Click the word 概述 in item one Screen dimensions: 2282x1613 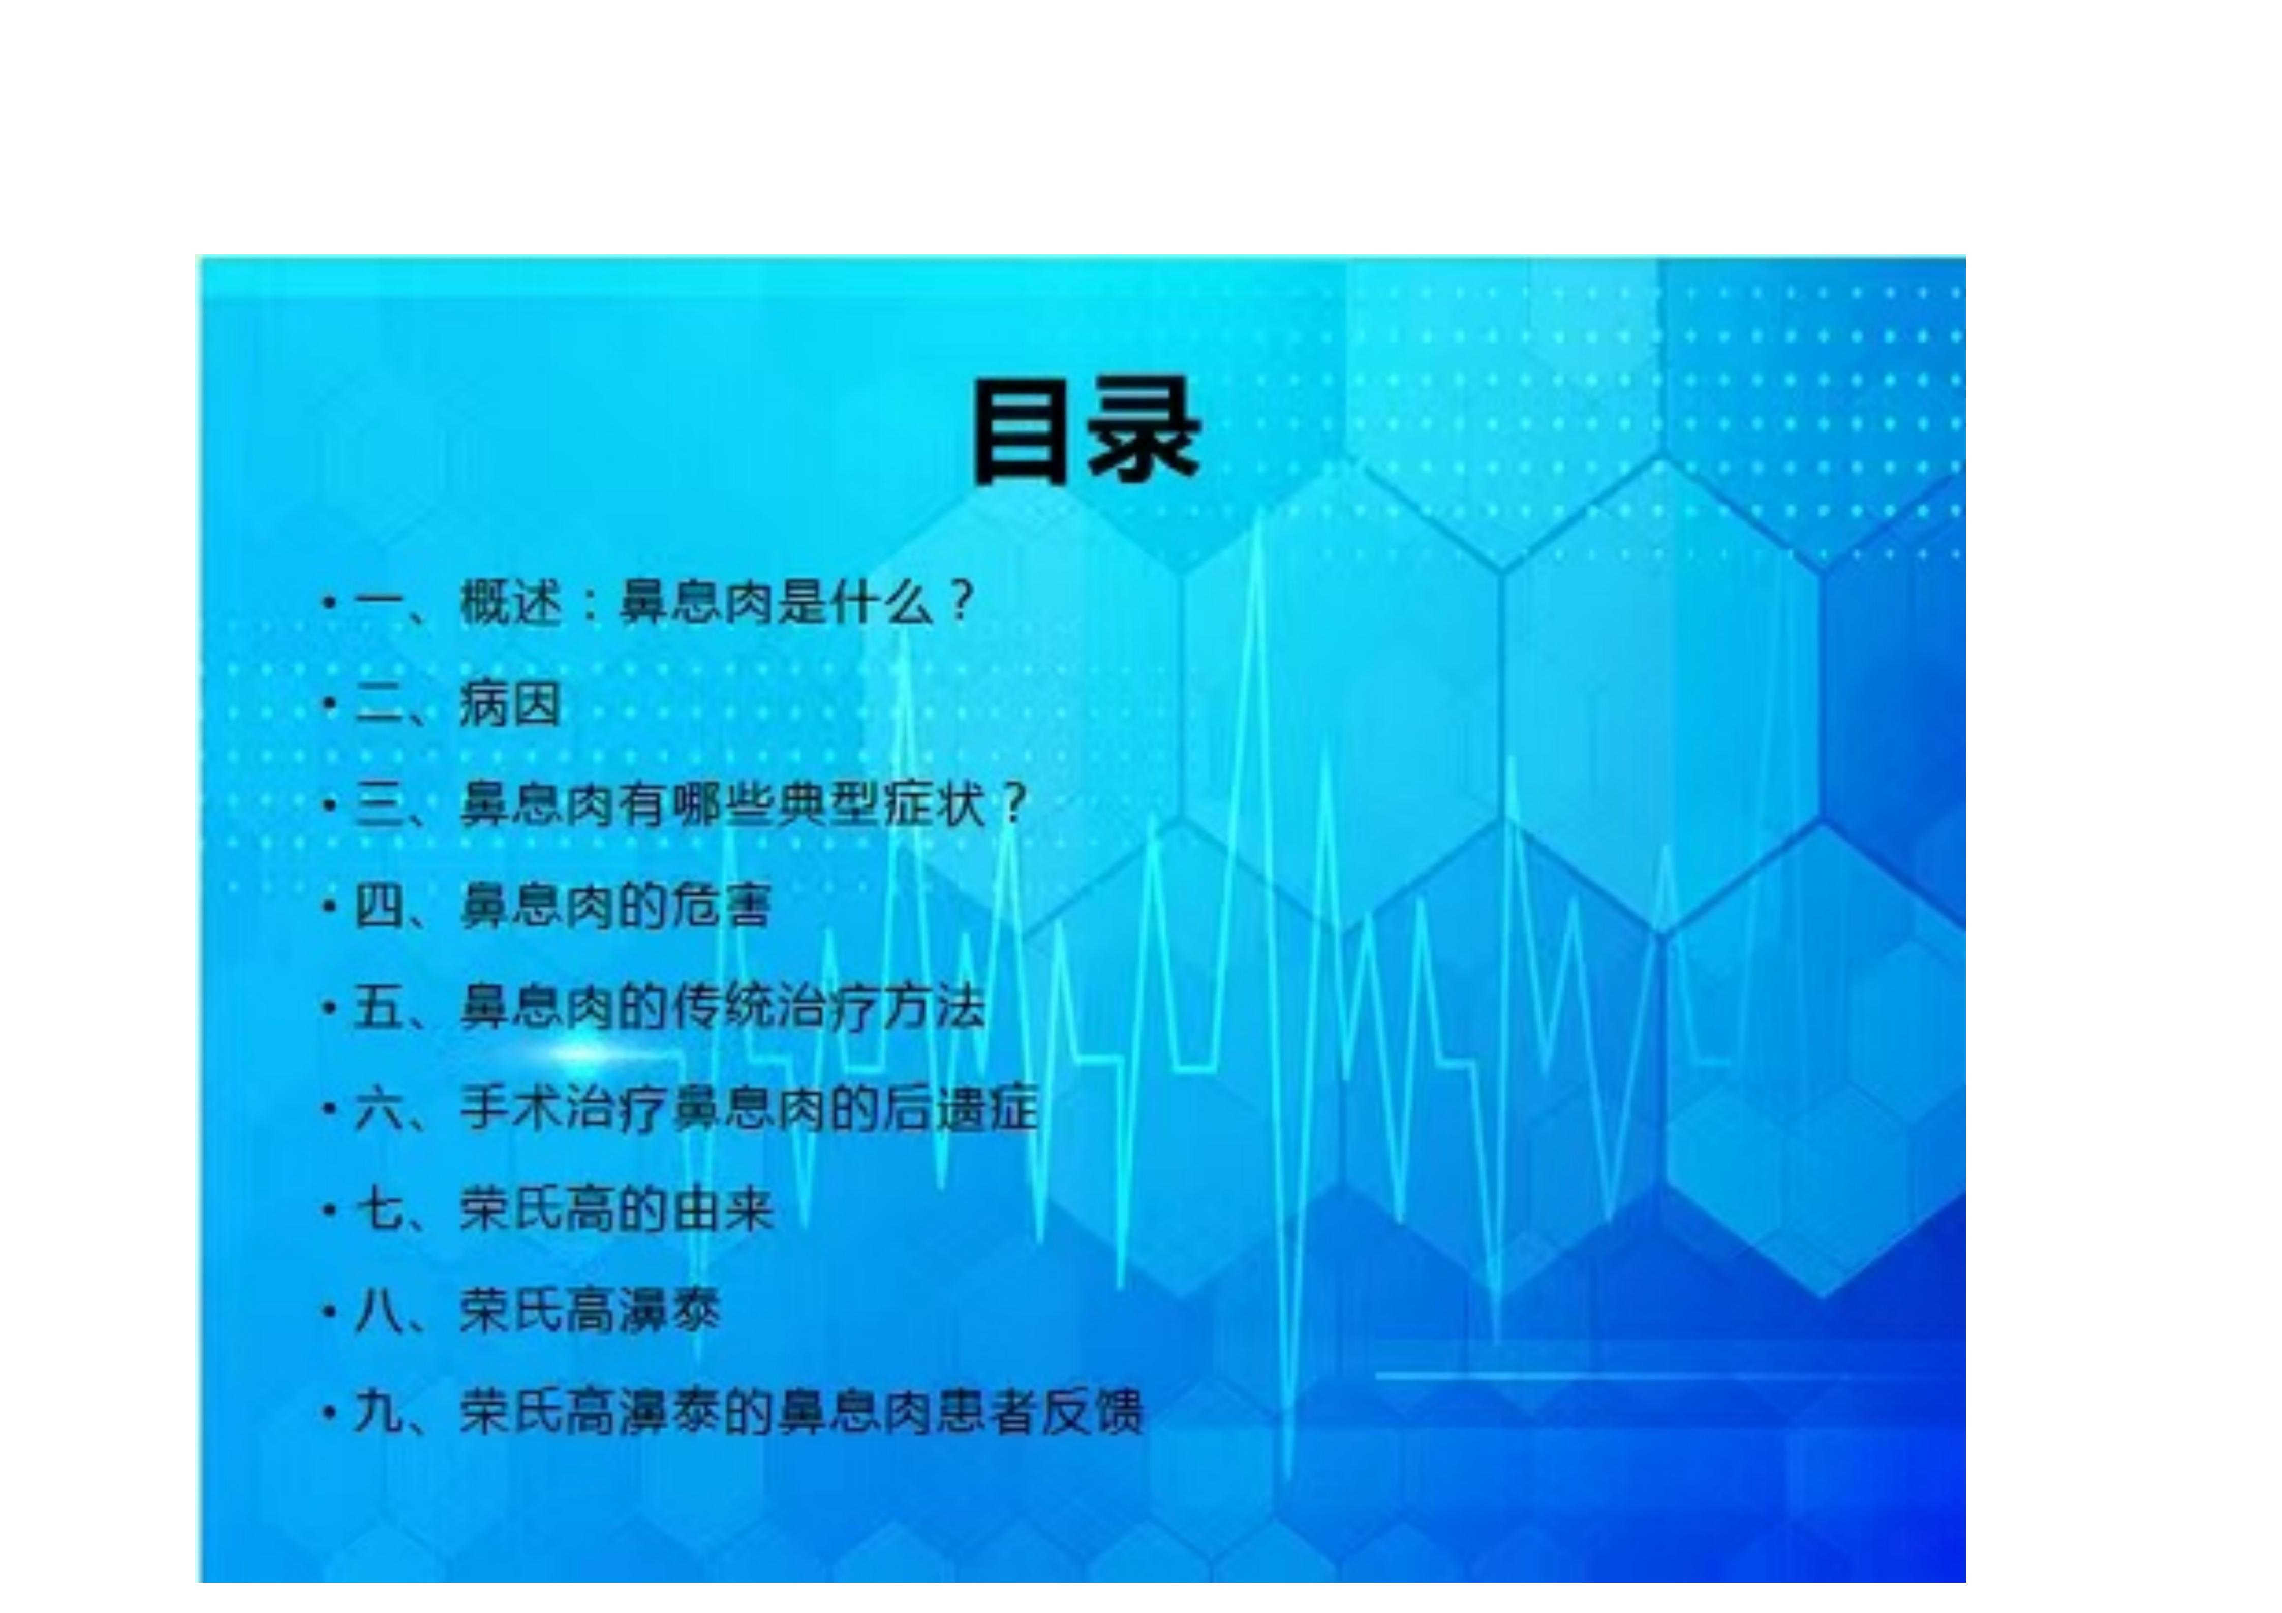point(511,602)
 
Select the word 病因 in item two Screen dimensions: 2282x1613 point(511,704)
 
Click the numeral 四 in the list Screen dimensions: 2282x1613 point(379,907)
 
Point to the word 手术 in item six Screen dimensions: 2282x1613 point(511,1109)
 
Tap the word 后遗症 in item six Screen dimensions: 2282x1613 point(960,1109)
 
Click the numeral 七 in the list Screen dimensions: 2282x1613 point(379,1211)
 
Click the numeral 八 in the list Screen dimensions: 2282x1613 point(379,1312)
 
